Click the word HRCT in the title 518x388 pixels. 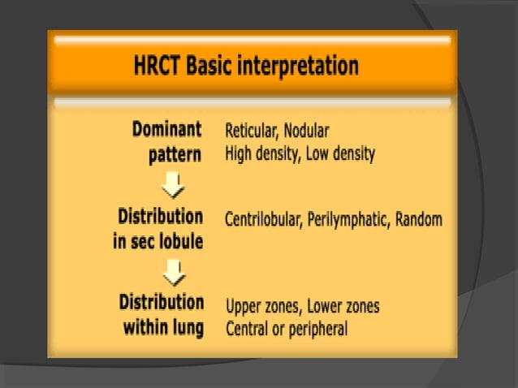pos(158,67)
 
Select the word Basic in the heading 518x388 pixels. pos(208,67)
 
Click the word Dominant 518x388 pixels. pos(167,130)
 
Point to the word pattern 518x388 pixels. pos(175,154)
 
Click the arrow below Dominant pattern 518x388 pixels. pos(174,187)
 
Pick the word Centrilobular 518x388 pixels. pos(264,220)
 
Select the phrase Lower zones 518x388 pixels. pos(343,307)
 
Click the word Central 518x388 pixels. pos(248,329)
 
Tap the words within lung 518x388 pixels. pos(163,328)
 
